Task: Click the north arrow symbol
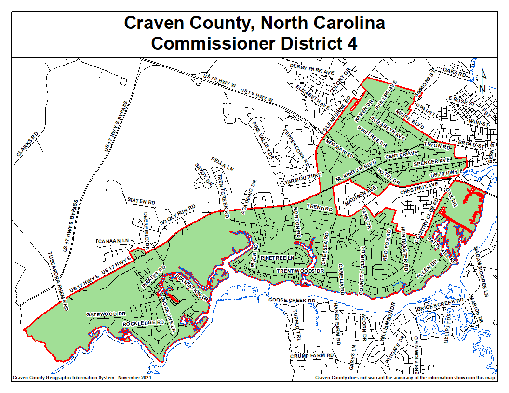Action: click(x=483, y=80)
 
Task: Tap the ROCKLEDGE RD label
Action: click(x=144, y=323)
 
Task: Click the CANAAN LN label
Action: click(x=114, y=241)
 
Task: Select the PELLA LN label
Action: click(x=222, y=163)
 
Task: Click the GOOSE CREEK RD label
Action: click(x=292, y=300)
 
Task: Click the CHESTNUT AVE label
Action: click(x=419, y=184)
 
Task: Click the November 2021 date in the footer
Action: click(x=134, y=378)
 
